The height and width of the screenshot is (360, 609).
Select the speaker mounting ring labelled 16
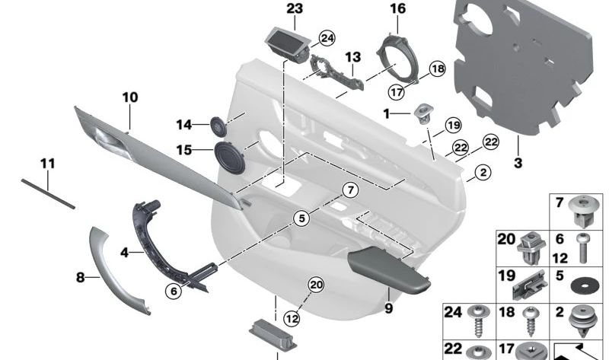click(398, 57)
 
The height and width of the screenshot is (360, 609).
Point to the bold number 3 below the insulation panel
click(517, 163)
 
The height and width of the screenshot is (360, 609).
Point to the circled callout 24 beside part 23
click(327, 37)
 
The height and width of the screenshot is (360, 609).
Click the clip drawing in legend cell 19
click(531, 285)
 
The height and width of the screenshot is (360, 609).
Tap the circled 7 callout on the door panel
click(349, 189)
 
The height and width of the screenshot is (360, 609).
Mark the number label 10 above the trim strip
click(130, 97)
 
